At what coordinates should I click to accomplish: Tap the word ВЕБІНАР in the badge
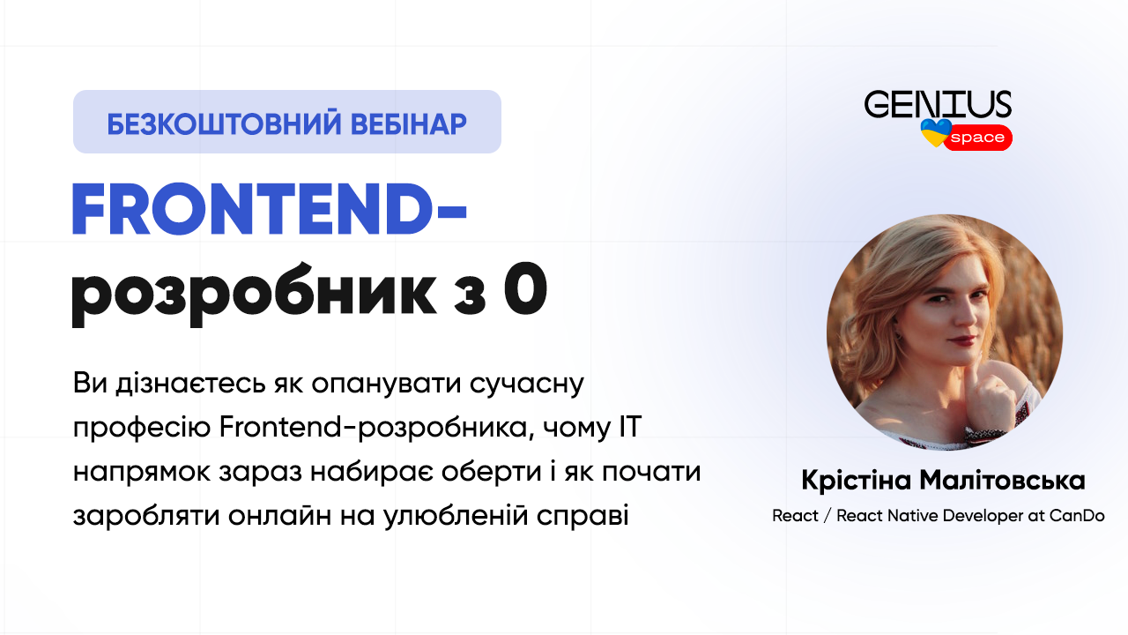tap(409, 123)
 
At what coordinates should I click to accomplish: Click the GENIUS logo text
tap(938, 105)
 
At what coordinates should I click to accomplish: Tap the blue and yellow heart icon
tap(935, 133)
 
